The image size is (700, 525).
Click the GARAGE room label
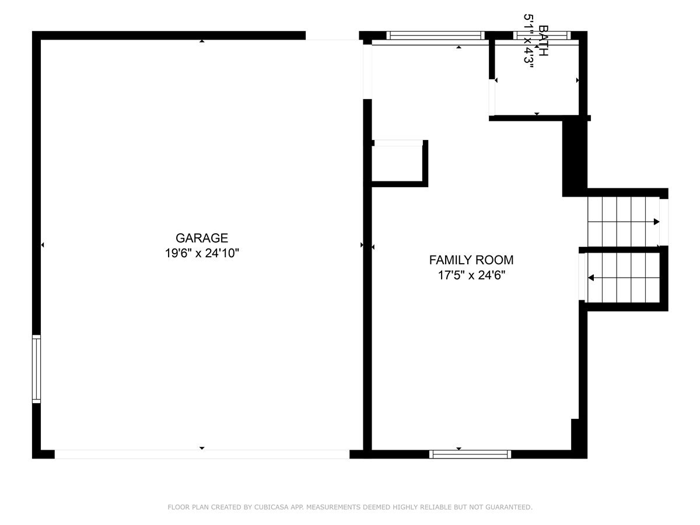pyautogui.click(x=201, y=238)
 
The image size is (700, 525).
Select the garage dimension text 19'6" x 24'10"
pyautogui.click(x=201, y=253)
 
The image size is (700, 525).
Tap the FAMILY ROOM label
pyautogui.click(x=471, y=260)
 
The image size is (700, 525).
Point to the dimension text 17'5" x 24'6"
pyautogui.click(x=471, y=275)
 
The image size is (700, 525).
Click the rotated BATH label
pyautogui.click(x=543, y=41)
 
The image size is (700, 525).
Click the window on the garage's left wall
pyautogui.click(x=36, y=369)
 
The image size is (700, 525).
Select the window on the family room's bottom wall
pyautogui.click(x=470, y=454)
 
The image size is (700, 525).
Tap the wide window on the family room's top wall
pyautogui.click(x=436, y=36)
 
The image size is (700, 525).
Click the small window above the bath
pyautogui.click(x=542, y=36)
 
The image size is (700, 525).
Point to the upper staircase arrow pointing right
pyautogui.click(x=656, y=222)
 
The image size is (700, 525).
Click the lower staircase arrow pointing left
pyautogui.click(x=591, y=278)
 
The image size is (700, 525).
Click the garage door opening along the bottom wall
pyautogui.click(x=202, y=454)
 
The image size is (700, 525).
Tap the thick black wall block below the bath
pyautogui.click(x=573, y=156)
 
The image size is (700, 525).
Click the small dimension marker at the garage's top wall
pyautogui.click(x=202, y=41)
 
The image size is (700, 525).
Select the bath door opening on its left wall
pyautogui.click(x=492, y=97)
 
